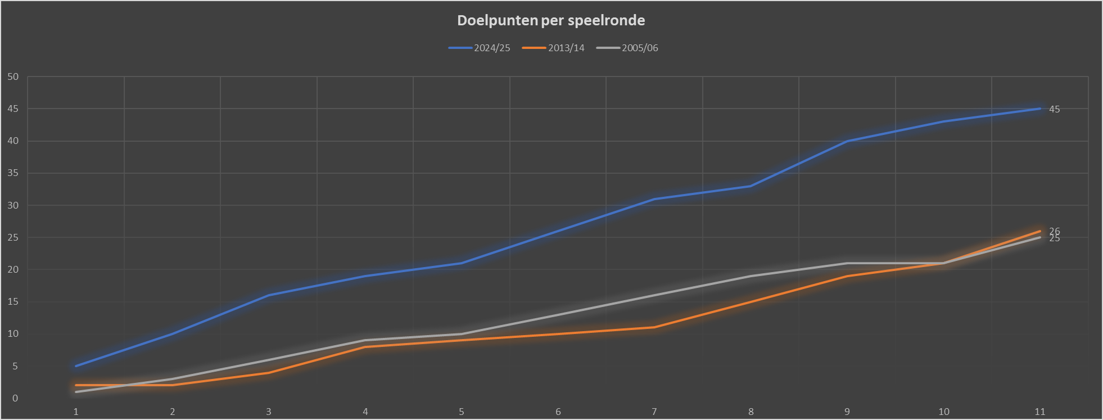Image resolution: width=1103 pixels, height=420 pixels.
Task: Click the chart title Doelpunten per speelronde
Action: (551, 21)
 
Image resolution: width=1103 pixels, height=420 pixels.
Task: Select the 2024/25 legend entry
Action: (480, 48)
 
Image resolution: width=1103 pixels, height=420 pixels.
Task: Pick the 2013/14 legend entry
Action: (554, 48)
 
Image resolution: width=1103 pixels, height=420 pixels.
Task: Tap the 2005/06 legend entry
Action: (627, 48)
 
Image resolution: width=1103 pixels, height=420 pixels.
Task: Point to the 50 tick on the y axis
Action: (13, 77)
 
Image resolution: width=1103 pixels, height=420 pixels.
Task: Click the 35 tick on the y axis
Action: (13, 173)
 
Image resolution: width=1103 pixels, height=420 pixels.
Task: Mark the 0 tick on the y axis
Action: (15, 399)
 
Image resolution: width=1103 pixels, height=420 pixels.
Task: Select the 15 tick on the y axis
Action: (13, 302)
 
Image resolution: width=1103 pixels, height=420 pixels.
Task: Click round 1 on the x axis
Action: (76, 412)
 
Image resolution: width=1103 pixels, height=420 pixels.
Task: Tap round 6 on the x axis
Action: (558, 412)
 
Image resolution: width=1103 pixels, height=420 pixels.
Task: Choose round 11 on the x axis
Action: (1040, 412)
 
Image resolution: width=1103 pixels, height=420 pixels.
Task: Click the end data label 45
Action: (1055, 110)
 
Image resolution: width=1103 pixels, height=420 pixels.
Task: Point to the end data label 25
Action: (1055, 239)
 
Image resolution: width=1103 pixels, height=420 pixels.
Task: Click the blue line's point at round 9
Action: (847, 141)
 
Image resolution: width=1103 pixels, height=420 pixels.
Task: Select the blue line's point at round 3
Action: (269, 295)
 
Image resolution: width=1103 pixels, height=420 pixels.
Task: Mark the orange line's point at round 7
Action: (654, 327)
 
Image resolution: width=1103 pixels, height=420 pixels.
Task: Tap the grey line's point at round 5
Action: (462, 334)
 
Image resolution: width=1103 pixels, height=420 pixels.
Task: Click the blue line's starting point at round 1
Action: (76, 366)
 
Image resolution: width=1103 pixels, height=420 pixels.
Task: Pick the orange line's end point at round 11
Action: (1040, 231)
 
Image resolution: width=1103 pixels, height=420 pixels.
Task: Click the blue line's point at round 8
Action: (751, 186)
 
